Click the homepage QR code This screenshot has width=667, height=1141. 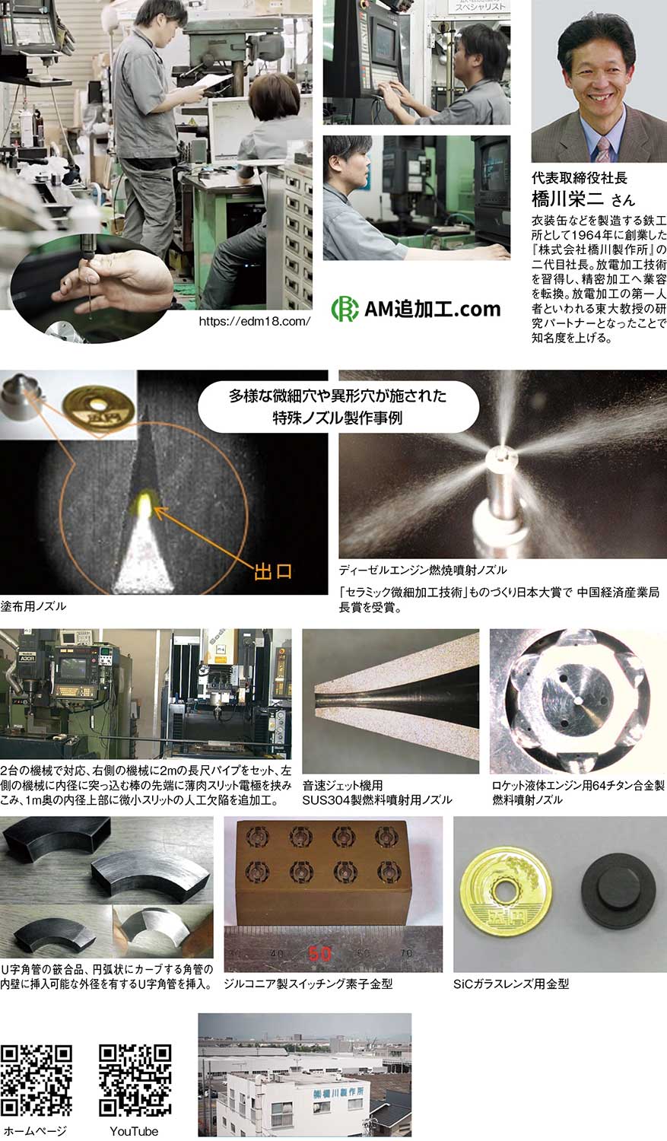(x=37, y=1080)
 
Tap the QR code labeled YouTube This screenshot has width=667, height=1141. (x=135, y=1080)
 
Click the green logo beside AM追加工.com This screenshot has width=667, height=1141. (x=345, y=309)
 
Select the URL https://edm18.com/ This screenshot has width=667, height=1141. (x=255, y=322)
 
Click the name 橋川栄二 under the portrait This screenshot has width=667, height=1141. (x=567, y=199)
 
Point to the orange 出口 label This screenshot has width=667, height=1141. (x=273, y=571)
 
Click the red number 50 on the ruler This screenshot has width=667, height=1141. (x=319, y=954)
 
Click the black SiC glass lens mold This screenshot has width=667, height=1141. (x=618, y=892)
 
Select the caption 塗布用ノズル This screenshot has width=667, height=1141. (x=33, y=606)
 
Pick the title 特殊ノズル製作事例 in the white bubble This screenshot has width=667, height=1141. (x=337, y=418)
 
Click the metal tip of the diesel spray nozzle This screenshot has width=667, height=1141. (x=501, y=459)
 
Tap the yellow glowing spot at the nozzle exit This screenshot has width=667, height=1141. (x=145, y=504)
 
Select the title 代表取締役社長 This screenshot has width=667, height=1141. (x=580, y=178)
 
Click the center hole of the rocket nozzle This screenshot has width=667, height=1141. (x=578, y=701)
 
